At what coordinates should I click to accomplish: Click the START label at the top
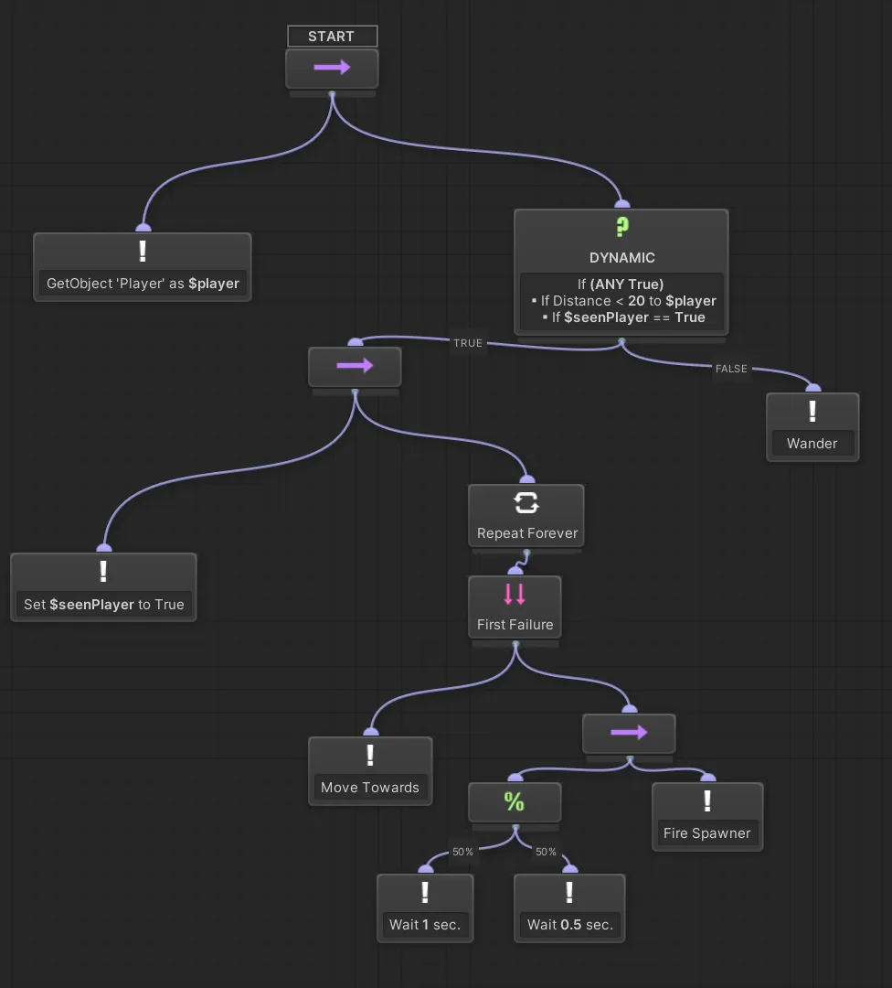(331, 37)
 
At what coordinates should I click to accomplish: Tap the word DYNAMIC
(621, 258)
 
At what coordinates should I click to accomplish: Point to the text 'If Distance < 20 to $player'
(622, 300)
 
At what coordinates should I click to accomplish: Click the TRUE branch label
(467, 343)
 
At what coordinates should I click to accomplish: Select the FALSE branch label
(731, 369)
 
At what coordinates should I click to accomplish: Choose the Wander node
(812, 427)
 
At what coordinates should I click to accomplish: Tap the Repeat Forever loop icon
(526, 502)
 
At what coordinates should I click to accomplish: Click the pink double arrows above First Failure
(515, 594)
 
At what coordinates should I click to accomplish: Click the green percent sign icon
(515, 801)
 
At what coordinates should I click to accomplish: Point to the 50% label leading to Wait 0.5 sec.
(546, 852)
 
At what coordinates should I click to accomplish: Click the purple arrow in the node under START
(331, 68)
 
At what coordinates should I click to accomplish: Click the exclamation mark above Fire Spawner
(706, 801)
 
